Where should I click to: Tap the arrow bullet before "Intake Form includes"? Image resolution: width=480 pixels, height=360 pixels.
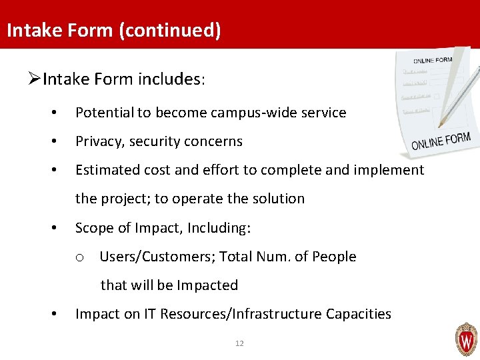pyautogui.click(x=35, y=80)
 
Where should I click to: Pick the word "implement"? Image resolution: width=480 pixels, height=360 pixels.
pyautogui.click(x=392, y=170)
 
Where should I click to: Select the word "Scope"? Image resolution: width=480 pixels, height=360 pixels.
pyautogui.click(x=93, y=228)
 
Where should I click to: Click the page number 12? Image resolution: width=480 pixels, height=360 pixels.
pyautogui.click(x=239, y=343)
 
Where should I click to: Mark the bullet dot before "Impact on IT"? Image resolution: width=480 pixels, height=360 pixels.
pyautogui.click(x=54, y=314)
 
